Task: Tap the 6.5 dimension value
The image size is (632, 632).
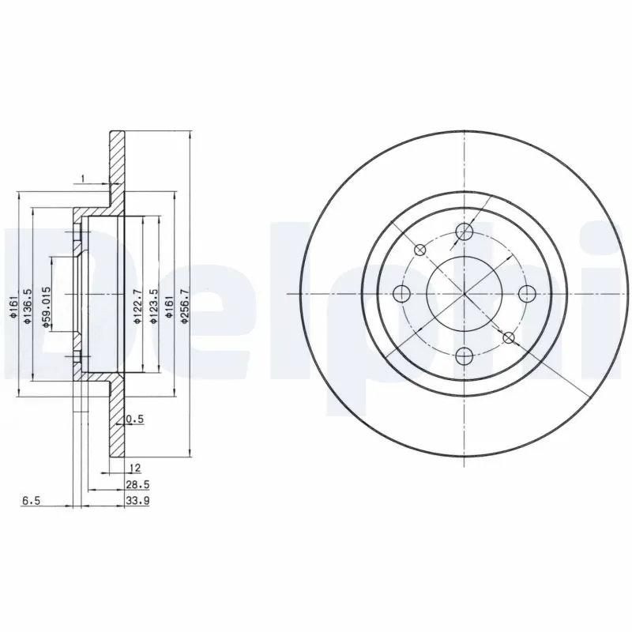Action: click(x=32, y=500)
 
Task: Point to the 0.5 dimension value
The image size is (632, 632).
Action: click(x=134, y=419)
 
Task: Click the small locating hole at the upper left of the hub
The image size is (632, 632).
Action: click(x=420, y=250)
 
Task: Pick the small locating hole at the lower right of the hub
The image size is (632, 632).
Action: click(x=509, y=338)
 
